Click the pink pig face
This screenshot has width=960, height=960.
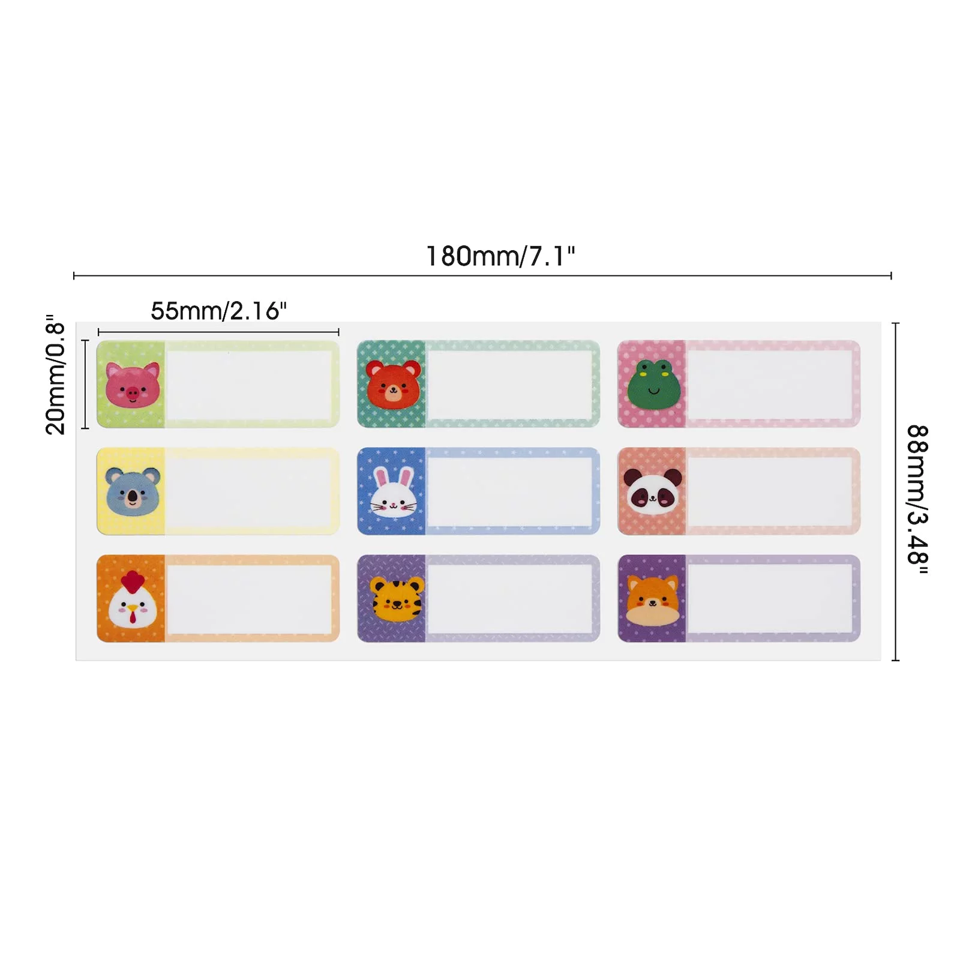click(x=133, y=385)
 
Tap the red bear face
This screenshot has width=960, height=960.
click(x=393, y=385)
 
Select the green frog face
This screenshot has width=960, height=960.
click(x=653, y=385)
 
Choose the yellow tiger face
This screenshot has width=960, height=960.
click(x=395, y=600)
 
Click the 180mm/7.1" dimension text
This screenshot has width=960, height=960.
click(x=500, y=256)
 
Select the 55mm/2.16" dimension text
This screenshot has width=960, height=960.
click(x=218, y=311)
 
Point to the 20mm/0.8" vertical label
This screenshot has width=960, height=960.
click(x=55, y=374)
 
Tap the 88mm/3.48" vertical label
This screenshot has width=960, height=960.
click(x=917, y=499)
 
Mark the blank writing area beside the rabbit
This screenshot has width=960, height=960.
click(x=509, y=491)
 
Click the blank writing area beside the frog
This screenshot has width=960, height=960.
click(x=770, y=385)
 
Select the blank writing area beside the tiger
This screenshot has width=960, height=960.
click(x=509, y=598)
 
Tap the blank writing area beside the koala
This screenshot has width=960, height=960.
click(x=249, y=491)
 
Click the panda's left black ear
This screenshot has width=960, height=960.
click(x=631, y=478)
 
